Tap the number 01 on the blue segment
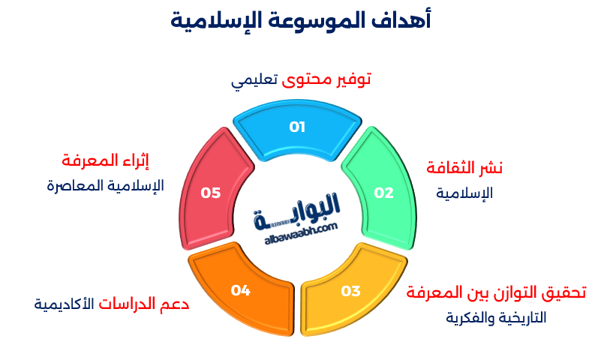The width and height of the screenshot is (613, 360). point(297,127)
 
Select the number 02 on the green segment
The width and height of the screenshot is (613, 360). point(383,193)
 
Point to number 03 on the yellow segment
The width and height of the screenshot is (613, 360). point(350,291)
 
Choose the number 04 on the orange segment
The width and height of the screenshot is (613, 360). point(240,289)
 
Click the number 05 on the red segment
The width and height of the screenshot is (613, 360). point(211,193)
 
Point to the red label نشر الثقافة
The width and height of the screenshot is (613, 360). point(464,167)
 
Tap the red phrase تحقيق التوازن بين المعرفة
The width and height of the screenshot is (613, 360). point(496,292)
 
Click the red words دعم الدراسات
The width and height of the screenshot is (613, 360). point(144,304)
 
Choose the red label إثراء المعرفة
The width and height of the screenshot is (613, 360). point(105,160)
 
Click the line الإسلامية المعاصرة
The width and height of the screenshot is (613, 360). point(105,185)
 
